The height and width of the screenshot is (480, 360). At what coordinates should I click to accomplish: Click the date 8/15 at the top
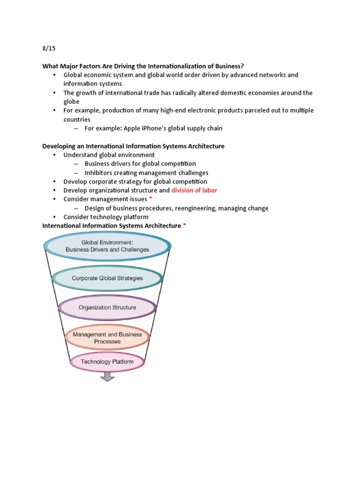[x=49, y=48]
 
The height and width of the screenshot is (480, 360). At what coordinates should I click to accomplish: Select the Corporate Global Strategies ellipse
[x=107, y=278]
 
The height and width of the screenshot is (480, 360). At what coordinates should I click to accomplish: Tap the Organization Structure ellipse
[x=107, y=308]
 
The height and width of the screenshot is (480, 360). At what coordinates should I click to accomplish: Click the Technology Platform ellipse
[x=107, y=362]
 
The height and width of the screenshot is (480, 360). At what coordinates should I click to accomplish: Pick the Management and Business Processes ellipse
[x=107, y=338]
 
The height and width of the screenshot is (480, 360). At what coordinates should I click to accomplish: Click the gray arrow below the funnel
[x=107, y=376]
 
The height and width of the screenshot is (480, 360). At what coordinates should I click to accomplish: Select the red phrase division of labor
[x=194, y=190]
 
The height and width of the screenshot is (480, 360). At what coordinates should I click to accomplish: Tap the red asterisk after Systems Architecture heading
[x=184, y=226]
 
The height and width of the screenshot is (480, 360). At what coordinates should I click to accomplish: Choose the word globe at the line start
[x=72, y=102]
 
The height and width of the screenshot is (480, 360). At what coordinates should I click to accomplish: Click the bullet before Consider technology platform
[x=54, y=217]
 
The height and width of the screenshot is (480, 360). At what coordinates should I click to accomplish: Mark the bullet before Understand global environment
[x=54, y=155]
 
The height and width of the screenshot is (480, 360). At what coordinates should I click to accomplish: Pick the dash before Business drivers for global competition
[x=76, y=164]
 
